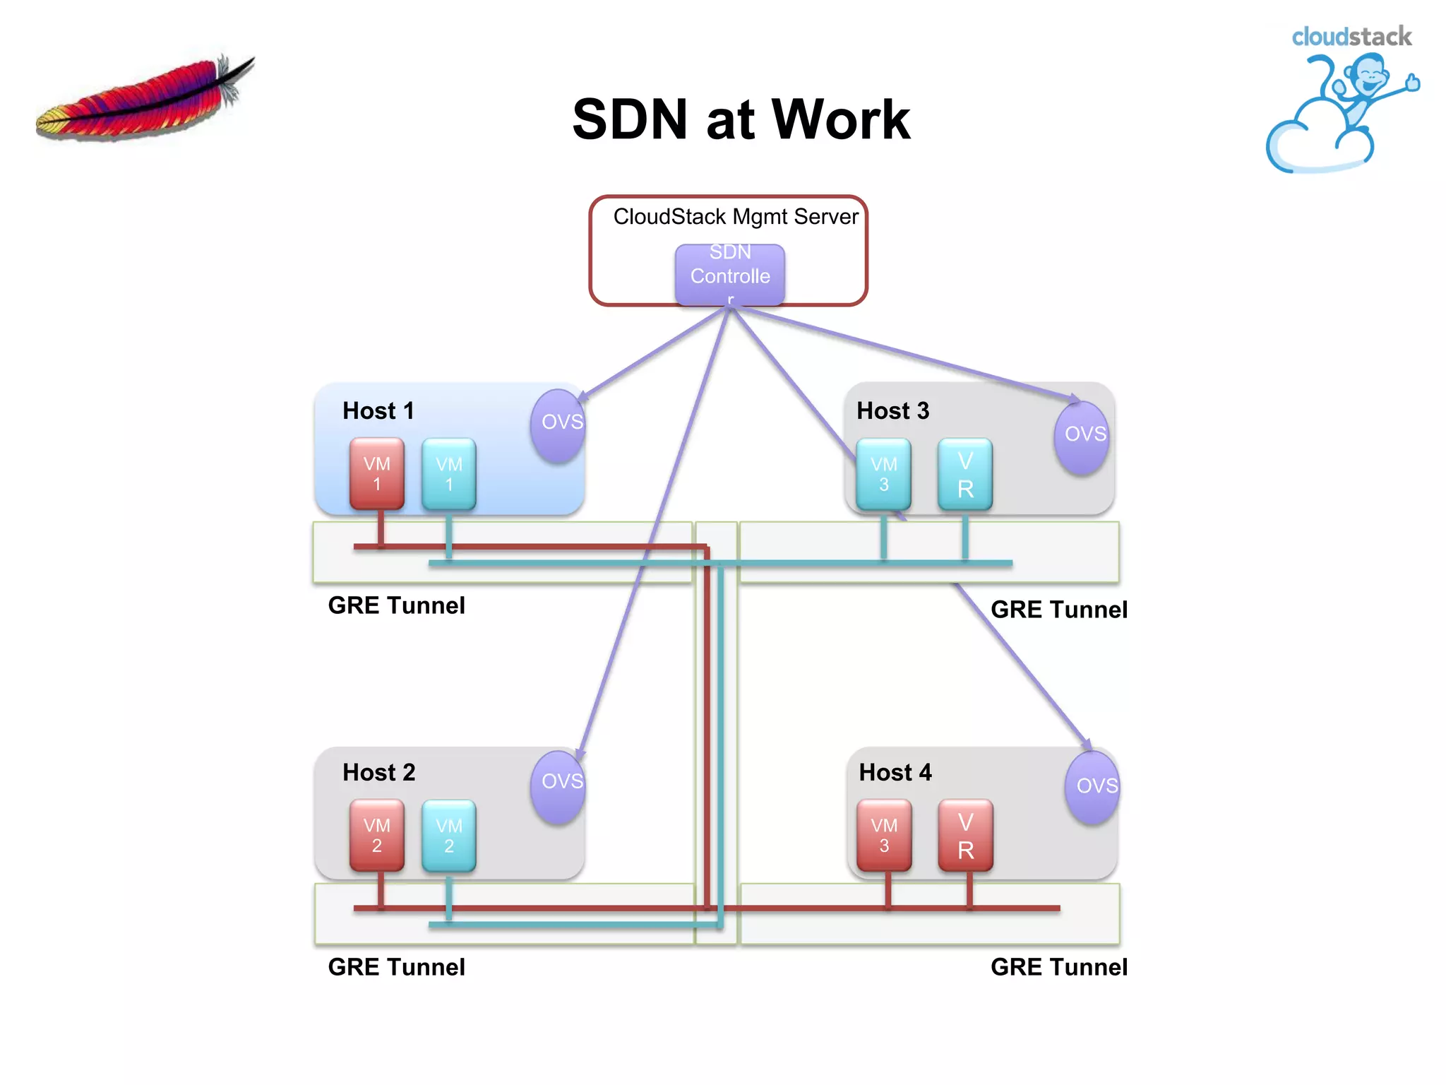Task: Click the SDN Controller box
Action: [729, 274]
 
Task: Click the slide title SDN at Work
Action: [741, 119]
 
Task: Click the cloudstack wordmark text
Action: [1351, 37]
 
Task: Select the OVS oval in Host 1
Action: [559, 425]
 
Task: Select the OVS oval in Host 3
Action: [1082, 436]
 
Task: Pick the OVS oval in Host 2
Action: [559, 785]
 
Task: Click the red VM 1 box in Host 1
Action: [377, 473]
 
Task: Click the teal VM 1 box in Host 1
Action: [449, 474]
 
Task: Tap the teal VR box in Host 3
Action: [965, 474]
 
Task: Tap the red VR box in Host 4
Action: [965, 835]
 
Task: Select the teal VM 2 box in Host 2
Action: [449, 835]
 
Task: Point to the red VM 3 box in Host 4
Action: [884, 835]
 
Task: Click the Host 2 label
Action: [378, 772]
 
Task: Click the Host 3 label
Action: [892, 410]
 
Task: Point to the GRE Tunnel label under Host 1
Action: [396, 605]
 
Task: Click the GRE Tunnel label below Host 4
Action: [1058, 966]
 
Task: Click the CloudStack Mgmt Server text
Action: [736, 216]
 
